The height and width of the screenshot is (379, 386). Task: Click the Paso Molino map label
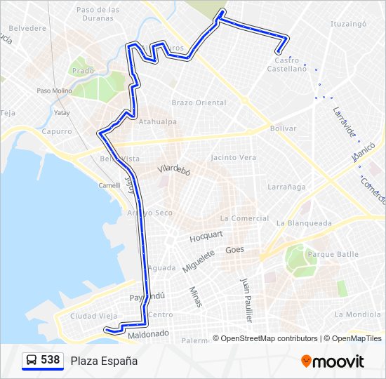[x=54, y=91]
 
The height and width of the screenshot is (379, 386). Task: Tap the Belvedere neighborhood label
[x=27, y=29]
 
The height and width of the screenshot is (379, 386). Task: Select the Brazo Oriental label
[x=199, y=102]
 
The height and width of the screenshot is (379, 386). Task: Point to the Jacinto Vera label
[x=233, y=157]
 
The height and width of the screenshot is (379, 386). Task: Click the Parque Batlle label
[x=313, y=253]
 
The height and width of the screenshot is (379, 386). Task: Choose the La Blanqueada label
[x=304, y=223]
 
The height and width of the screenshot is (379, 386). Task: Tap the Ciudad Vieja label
[x=93, y=316]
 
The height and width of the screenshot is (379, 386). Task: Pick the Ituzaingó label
[x=349, y=24]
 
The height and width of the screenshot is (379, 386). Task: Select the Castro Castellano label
[x=287, y=65]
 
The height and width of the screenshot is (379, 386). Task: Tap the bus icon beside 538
[x=31, y=361]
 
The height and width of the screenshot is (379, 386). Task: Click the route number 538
[x=50, y=360]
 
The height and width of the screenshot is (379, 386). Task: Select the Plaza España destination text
[x=104, y=361]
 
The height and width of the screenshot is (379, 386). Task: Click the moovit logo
[x=333, y=361]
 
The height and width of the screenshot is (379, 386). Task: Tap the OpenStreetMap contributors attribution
[x=268, y=338]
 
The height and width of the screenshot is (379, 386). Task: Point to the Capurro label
[x=56, y=131]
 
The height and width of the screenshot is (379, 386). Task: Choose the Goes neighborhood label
[x=234, y=249]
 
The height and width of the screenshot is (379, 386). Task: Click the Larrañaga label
[x=286, y=187]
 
